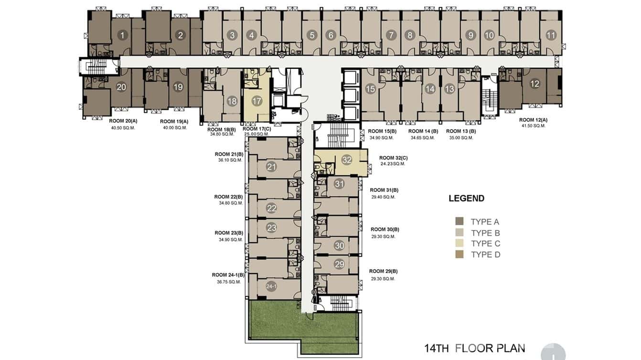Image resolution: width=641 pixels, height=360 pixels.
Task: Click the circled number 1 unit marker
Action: click(122, 35)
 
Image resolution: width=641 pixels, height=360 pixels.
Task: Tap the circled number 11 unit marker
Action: click(551, 35)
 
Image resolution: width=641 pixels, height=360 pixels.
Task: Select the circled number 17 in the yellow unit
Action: click(256, 101)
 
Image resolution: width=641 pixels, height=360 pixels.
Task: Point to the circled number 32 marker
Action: click(347, 160)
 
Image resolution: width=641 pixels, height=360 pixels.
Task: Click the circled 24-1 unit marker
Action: click(271, 286)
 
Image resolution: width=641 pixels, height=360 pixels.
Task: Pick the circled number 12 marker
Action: click(534, 84)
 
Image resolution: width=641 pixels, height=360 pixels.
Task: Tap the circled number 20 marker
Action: click(121, 87)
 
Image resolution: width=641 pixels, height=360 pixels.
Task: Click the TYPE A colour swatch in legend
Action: click(459, 222)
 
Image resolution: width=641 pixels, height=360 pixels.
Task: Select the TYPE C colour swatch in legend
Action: click(459, 244)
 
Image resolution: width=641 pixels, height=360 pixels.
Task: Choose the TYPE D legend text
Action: click(486, 254)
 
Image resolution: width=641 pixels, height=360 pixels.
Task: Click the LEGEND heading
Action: click(467, 198)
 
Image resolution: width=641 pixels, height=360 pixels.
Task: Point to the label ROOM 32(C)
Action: click(394, 158)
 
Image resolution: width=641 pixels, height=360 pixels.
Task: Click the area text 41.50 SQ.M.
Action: click(533, 126)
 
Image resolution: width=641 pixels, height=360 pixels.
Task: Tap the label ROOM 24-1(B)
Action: click(228, 275)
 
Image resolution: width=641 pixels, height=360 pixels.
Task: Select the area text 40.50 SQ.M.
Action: click(123, 128)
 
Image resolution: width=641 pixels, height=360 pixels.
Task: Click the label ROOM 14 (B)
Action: click(423, 131)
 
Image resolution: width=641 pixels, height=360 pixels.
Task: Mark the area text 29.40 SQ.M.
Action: click(383, 197)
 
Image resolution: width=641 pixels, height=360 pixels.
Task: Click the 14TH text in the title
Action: click(437, 348)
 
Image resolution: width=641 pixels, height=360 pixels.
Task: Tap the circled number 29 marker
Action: click(340, 264)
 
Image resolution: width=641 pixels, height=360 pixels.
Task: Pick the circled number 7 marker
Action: click(391, 35)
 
